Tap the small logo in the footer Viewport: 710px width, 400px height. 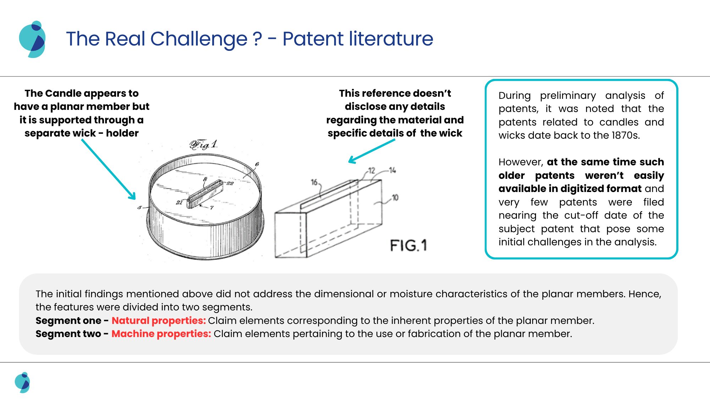22,382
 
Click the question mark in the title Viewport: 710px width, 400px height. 257,39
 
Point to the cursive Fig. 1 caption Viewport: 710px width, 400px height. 203,145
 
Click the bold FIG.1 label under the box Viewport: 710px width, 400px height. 408,246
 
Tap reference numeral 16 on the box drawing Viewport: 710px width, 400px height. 315,182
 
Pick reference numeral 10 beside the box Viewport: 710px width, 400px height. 395,198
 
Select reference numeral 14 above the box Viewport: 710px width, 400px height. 392,170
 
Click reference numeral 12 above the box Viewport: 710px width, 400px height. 371,171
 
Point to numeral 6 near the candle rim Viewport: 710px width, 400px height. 257,164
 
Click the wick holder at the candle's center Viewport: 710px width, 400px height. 205,194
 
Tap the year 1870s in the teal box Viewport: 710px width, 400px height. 626,135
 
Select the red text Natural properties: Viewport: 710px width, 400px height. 159,321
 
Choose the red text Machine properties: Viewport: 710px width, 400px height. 161,334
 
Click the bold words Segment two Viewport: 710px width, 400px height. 68,334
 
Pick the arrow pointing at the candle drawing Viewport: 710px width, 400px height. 108,169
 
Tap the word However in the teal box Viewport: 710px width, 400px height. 520,162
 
